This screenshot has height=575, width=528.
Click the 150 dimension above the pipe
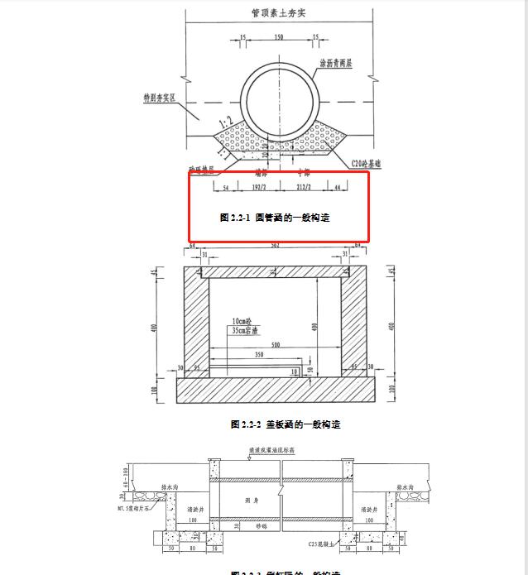279,38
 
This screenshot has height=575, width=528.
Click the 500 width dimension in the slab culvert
264,345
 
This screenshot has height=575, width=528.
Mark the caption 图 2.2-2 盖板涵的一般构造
286,424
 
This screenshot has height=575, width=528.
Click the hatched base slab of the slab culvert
278,387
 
